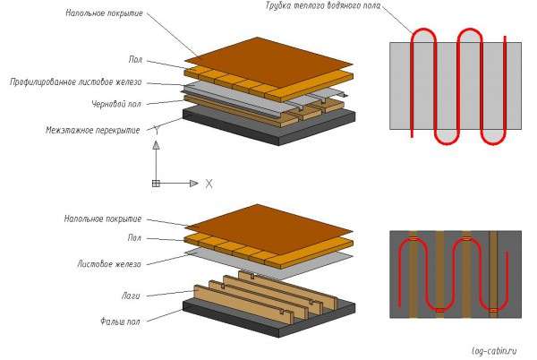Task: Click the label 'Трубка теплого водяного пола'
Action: [x=322, y=6]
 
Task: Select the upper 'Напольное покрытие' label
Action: [x=104, y=13]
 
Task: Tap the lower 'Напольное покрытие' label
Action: [x=103, y=219]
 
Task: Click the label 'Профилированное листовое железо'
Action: [x=76, y=82]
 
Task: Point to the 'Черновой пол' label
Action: [x=116, y=104]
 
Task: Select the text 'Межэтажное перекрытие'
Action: [x=93, y=130]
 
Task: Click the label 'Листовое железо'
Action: [x=109, y=264]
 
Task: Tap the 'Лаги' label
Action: [x=131, y=296]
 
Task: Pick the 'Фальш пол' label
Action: [x=120, y=321]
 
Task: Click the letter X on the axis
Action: [x=209, y=184]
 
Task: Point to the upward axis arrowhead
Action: [x=156, y=145]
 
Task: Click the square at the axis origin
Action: [x=156, y=184]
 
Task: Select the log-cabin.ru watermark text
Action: [x=494, y=351]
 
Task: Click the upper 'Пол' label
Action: [x=135, y=60]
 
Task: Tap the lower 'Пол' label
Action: [x=134, y=237]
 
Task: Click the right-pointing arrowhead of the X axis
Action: [x=194, y=184]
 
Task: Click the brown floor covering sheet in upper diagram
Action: [x=268, y=63]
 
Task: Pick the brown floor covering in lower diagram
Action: [x=268, y=229]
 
